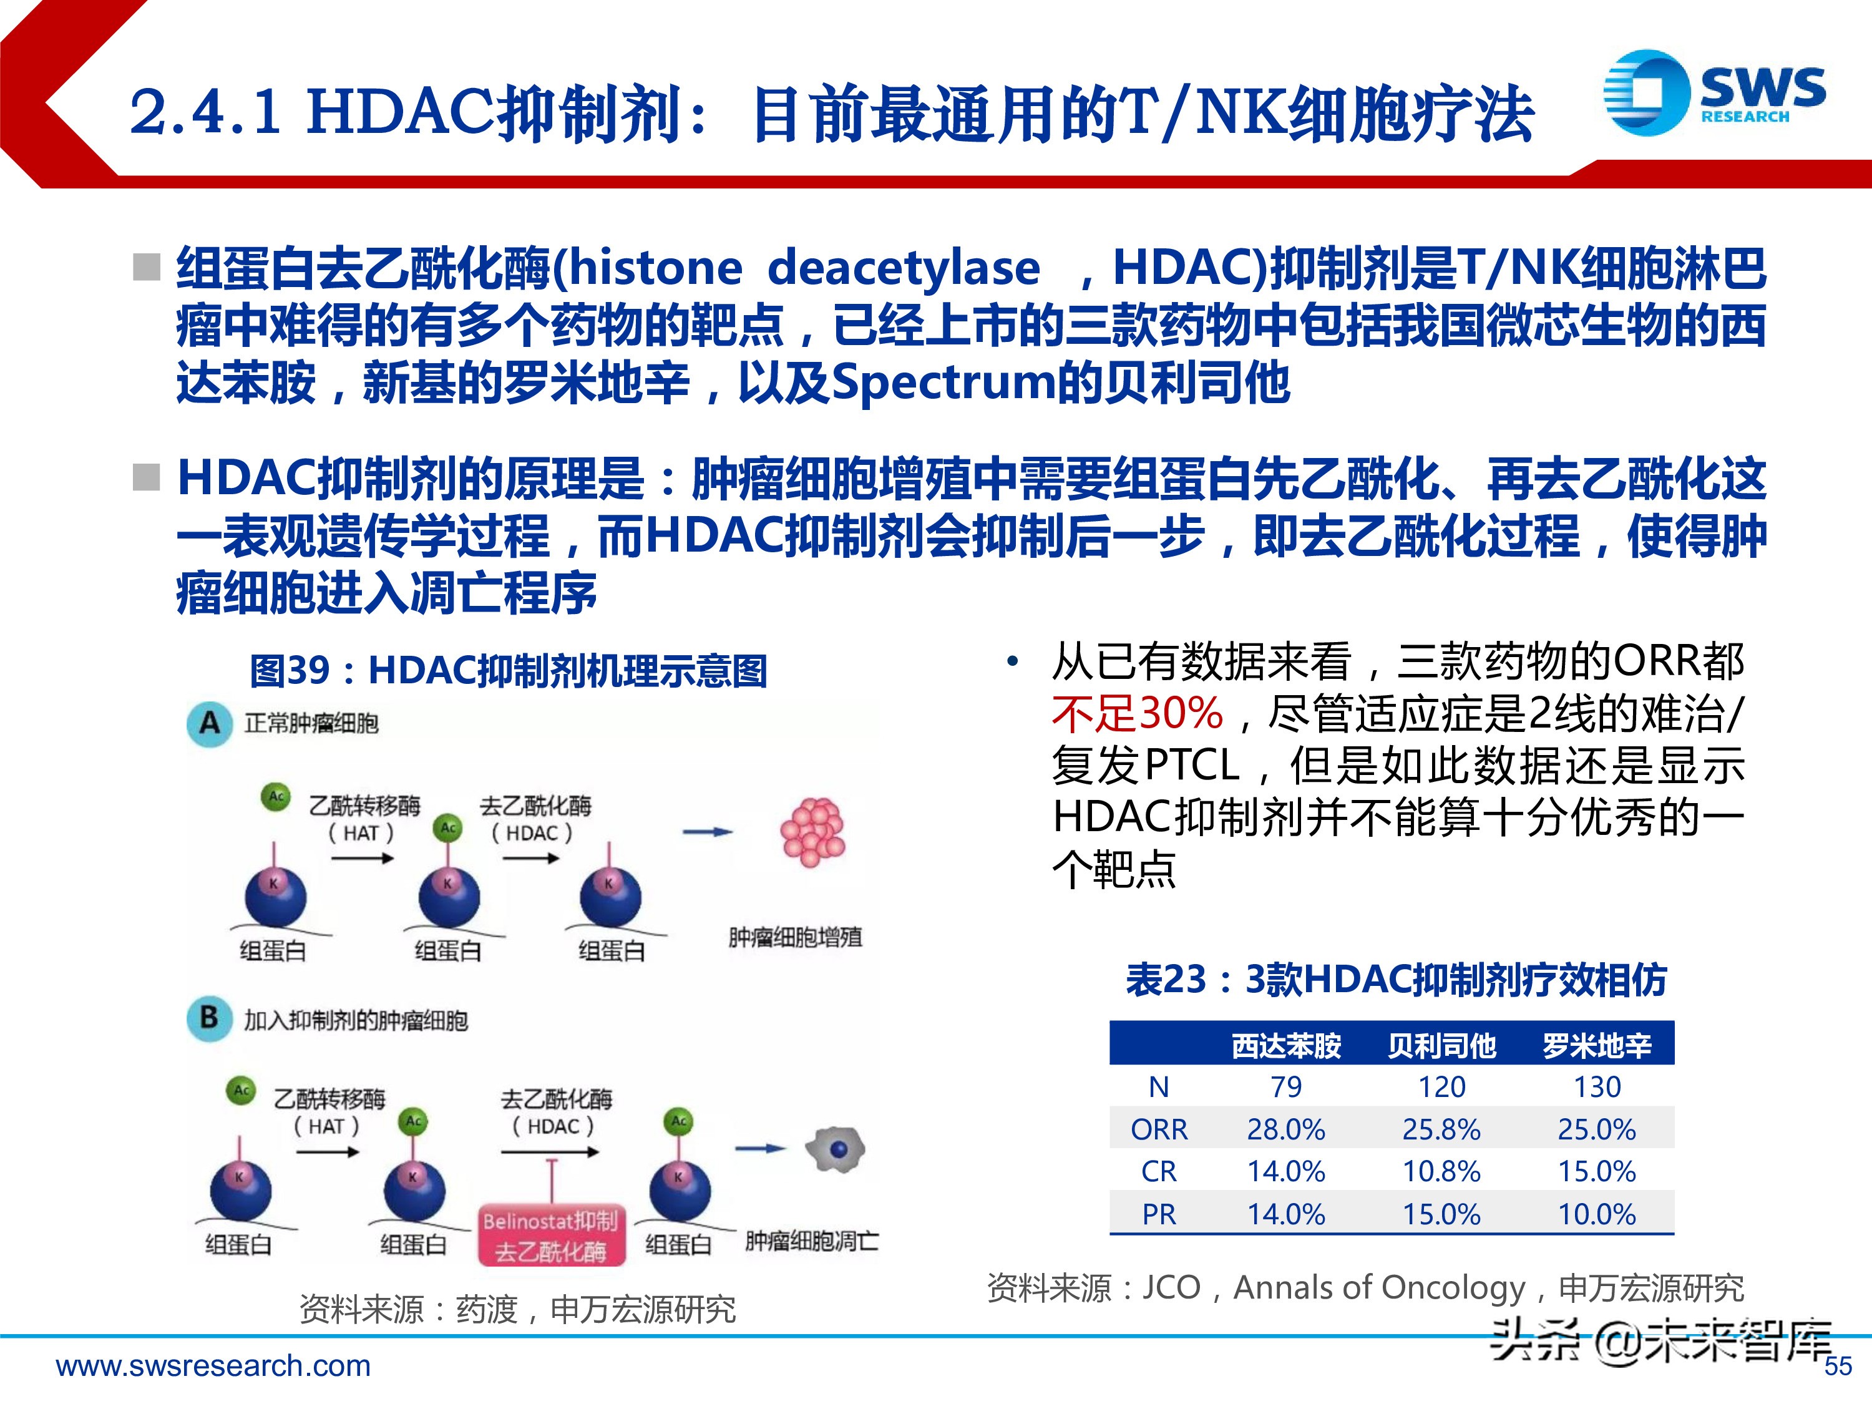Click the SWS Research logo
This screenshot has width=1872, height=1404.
click(1713, 92)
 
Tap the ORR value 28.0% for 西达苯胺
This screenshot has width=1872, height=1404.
click(1285, 1129)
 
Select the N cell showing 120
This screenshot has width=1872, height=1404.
click(1441, 1086)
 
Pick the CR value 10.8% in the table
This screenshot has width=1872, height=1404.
click(1441, 1171)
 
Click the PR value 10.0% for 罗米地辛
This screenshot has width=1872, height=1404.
click(1597, 1214)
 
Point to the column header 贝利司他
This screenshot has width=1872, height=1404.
click(1441, 1046)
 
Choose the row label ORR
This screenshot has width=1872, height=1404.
click(1159, 1129)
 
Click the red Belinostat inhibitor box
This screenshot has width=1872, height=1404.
click(551, 1235)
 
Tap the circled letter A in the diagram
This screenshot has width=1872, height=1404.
click(209, 724)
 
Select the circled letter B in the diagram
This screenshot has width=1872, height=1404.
click(209, 1018)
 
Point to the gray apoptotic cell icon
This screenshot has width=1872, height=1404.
click(836, 1149)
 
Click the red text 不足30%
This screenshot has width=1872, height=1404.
click(1138, 713)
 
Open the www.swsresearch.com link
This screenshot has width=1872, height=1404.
click(213, 1365)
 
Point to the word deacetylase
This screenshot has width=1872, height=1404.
click(903, 268)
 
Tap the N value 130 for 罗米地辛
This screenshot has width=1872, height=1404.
click(1597, 1086)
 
